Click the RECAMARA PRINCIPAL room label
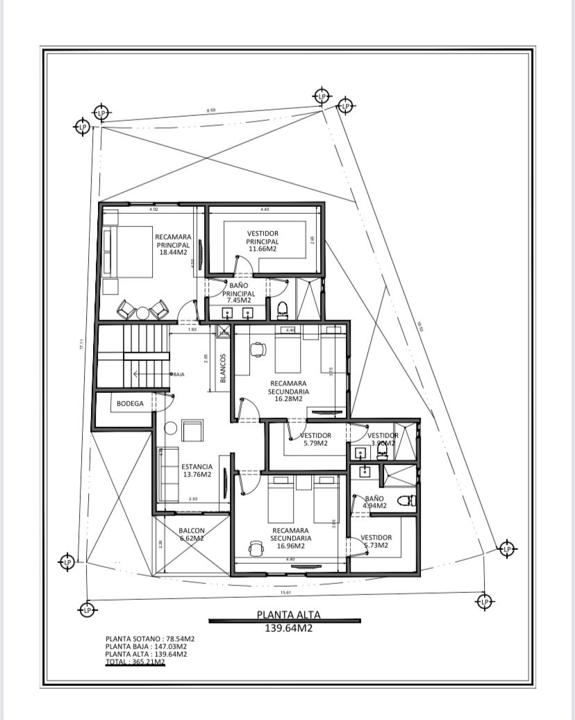coord(173,244)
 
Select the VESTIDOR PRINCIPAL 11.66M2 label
coord(262,241)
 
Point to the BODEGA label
coord(130,403)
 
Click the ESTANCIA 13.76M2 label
coord(197,471)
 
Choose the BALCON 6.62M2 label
coord(192,533)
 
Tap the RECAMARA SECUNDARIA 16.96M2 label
coord(291,537)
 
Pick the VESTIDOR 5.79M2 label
coord(315,439)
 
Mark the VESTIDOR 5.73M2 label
coord(376,541)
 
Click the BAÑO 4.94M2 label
coord(374,502)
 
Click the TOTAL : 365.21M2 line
coord(135,662)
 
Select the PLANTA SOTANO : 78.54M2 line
coord(150,637)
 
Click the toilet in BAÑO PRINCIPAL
coord(283,308)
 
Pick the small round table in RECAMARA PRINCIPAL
coord(142,312)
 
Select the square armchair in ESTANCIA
coord(192,430)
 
